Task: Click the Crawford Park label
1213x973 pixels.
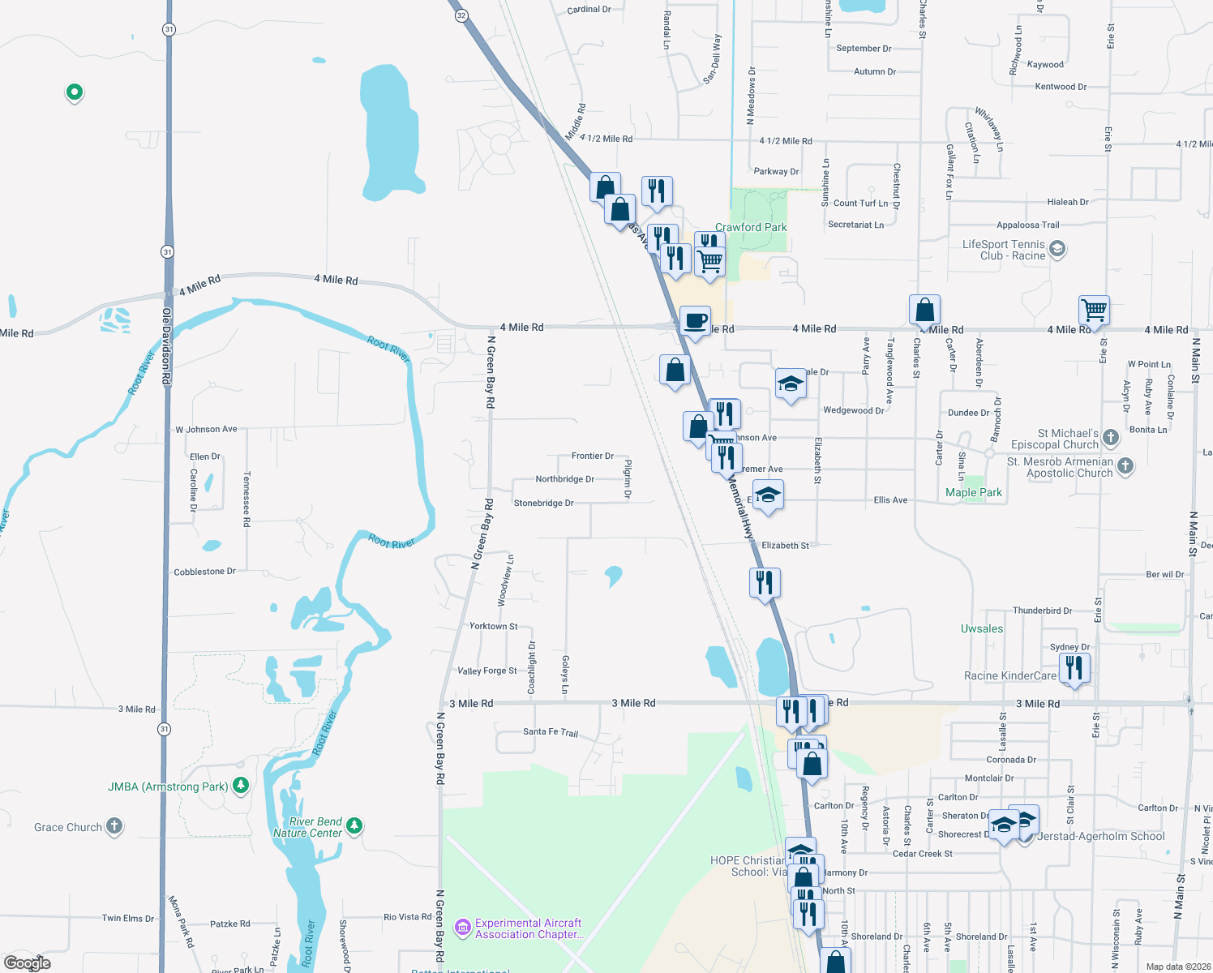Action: (751, 228)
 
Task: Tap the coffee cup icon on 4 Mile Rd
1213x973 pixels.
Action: (695, 321)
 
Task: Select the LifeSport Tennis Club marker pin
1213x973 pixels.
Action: (1057, 249)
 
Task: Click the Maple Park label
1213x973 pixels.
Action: (973, 493)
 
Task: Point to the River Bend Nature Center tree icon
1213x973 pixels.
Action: (354, 826)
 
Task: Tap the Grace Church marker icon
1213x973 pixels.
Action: (114, 826)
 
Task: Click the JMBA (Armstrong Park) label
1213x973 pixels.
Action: (168, 787)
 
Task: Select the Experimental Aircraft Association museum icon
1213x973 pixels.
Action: (463, 927)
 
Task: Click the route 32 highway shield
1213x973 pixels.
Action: (461, 15)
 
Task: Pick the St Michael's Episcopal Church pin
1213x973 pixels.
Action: (1111, 438)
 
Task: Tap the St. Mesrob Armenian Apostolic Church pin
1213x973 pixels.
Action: (1125, 465)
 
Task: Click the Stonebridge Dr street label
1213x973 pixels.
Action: (543, 504)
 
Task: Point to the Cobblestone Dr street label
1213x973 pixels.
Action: (204, 572)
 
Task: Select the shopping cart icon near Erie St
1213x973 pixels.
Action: (1094, 309)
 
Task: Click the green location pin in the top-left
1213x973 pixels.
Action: (74, 92)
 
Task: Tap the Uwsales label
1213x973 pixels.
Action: (981, 629)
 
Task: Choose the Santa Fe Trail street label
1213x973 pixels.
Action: (551, 732)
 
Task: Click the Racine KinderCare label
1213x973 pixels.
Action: (1009, 676)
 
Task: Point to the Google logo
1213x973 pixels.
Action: (28, 962)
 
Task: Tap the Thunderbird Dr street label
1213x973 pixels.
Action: (1042, 611)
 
